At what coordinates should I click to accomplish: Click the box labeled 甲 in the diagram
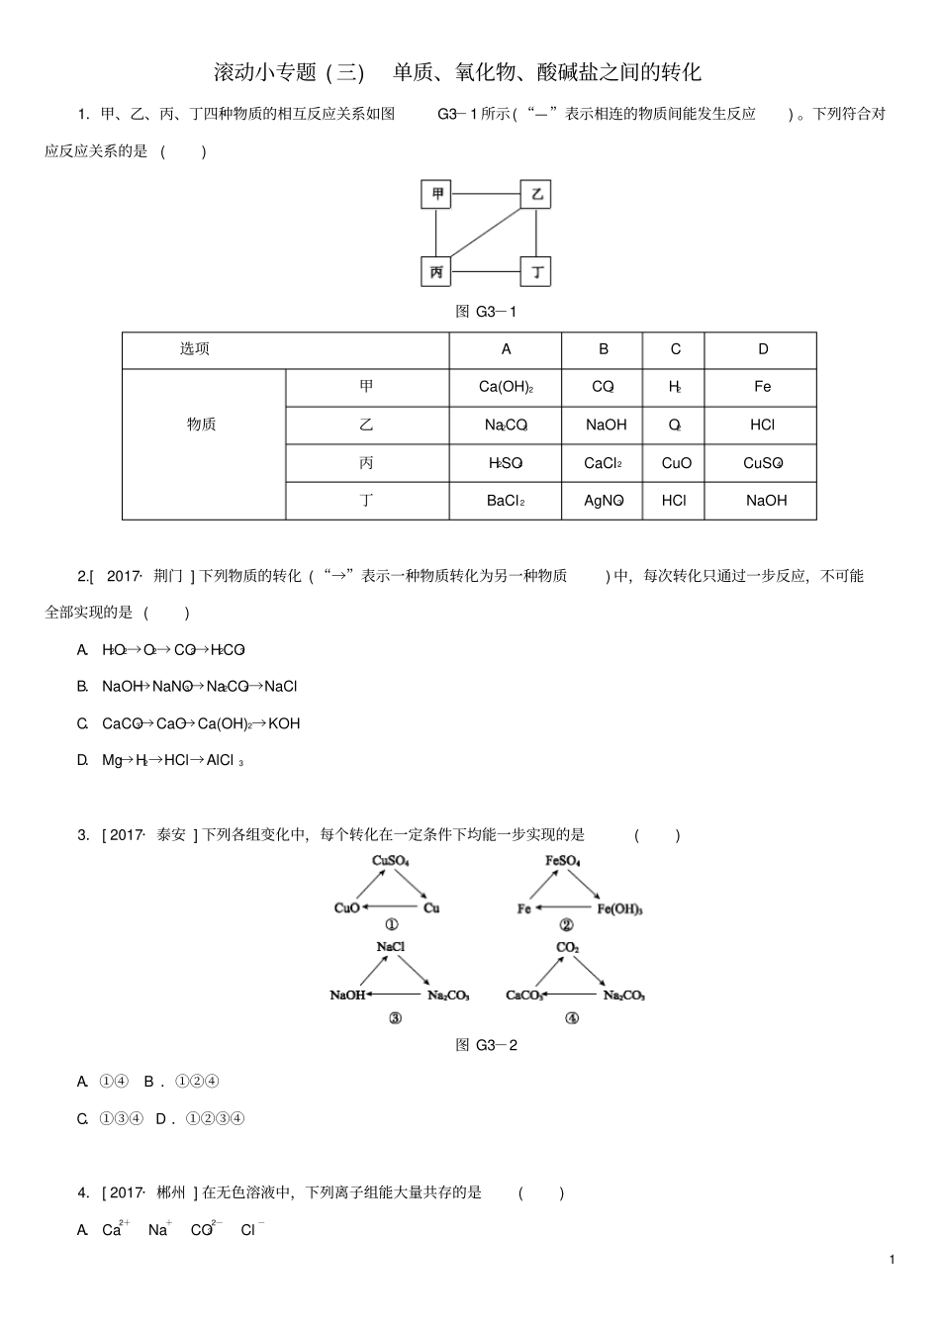click(436, 194)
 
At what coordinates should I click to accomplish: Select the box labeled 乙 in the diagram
click(536, 194)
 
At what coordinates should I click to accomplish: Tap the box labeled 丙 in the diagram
click(436, 272)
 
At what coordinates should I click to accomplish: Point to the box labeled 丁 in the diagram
click(536, 272)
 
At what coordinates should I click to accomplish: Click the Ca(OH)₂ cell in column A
click(506, 387)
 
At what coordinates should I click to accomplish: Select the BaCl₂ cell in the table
click(506, 501)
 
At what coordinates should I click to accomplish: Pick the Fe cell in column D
click(762, 387)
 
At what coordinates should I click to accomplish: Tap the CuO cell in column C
click(676, 463)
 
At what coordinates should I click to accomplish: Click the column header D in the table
click(762, 349)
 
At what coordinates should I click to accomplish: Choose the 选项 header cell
click(195, 349)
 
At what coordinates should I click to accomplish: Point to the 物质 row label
click(202, 425)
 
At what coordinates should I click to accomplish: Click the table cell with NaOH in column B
click(606, 425)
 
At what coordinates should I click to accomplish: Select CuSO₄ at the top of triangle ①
click(391, 861)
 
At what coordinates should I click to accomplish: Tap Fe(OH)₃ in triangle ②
click(620, 909)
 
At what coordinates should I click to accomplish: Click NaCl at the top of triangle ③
click(391, 947)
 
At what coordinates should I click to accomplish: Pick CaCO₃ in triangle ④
click(525, 996)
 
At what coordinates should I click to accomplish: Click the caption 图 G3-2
click(486, 1045)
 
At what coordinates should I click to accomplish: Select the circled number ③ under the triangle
click(395, 1019)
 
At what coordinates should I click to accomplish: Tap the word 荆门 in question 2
click(168, 576)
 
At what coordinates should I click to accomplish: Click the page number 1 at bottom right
click(892, 1260)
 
